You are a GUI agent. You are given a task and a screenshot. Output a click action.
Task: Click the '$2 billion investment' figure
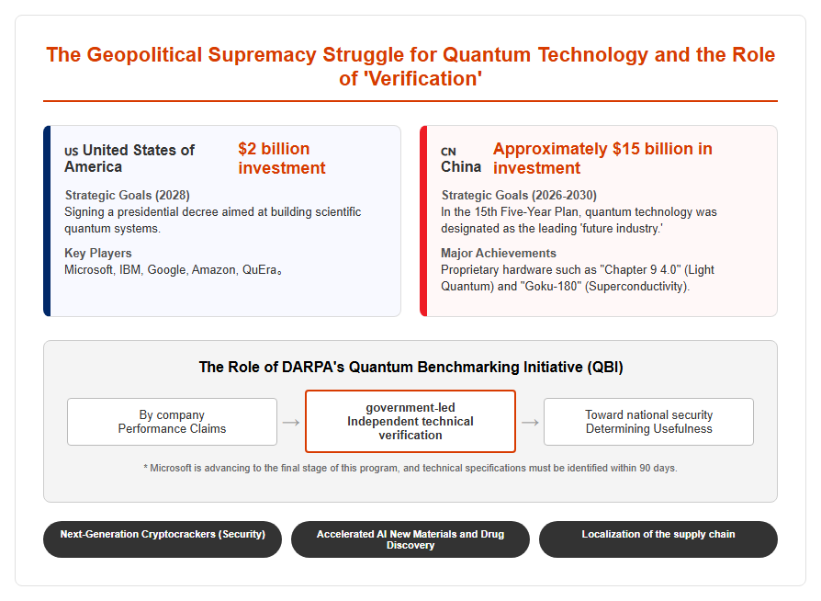pos(282,158)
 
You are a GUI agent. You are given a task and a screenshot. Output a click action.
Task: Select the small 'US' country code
pos(72,152)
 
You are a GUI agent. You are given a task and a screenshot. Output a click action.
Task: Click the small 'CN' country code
pos(448,152)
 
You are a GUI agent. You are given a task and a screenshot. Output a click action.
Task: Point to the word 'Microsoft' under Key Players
pos(88,270)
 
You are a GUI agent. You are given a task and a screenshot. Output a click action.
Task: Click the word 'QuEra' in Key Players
pos(259,270)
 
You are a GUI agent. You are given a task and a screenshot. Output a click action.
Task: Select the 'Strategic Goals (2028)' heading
pos(128,196)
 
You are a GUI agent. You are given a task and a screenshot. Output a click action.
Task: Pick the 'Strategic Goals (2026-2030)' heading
pos(519,196)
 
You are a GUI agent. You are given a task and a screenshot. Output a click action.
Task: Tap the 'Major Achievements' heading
pos(499,253)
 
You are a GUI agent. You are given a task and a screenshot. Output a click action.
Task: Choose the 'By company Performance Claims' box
pos(172,422)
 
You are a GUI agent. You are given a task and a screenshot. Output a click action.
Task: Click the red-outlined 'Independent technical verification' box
pos(410,421)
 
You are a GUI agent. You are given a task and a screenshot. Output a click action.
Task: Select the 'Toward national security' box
pos(648,422)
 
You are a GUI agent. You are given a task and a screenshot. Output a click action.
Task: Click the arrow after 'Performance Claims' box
pos(291,423)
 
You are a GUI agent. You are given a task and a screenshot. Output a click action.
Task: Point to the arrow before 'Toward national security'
pos(530,423)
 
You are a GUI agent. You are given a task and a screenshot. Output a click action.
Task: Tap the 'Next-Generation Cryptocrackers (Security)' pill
pos(163,539)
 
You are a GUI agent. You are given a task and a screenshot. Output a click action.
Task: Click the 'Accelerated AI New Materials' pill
pos(410,539)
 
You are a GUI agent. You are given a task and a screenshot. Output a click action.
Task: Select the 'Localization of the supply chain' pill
pos(658,539)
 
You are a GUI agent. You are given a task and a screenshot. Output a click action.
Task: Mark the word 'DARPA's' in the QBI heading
pos(313,368)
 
